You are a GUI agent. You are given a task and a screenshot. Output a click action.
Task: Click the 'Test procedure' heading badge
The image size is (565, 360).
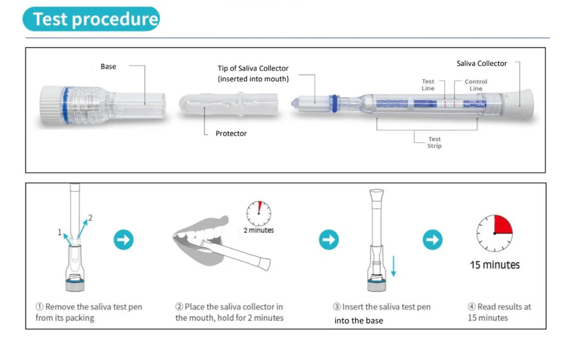91,19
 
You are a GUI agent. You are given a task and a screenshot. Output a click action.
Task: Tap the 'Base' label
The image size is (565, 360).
108,67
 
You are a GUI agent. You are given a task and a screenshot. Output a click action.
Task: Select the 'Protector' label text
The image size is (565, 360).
231,133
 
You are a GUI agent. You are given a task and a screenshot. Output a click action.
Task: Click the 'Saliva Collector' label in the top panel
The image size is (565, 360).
481,63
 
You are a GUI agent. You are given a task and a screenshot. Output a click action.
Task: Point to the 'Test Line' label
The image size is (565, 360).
428,85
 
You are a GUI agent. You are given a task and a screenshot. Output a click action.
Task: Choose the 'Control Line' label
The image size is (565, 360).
476,85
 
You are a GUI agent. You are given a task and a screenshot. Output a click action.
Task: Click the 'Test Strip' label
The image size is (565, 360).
434,142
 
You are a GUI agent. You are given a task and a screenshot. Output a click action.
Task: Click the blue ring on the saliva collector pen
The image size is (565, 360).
334,103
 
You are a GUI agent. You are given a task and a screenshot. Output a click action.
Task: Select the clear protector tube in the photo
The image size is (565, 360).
228,105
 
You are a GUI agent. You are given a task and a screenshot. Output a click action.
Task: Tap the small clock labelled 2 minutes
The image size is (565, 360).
259,213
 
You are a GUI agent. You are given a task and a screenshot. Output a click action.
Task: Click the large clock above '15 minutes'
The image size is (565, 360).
494,233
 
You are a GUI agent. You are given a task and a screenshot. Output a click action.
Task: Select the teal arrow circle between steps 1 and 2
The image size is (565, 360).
124,240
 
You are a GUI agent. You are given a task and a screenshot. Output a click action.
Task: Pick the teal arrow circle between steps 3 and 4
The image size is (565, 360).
432,240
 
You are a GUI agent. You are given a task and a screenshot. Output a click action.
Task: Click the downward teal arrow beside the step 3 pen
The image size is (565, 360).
393,266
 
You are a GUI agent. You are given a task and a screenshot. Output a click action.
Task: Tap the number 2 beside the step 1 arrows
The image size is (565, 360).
90,218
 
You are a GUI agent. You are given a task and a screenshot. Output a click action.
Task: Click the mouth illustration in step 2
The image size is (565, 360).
201,240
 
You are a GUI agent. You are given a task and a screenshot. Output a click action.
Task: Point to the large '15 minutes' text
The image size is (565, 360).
494,265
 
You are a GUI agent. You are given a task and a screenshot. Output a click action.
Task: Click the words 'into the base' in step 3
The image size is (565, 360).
359,320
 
